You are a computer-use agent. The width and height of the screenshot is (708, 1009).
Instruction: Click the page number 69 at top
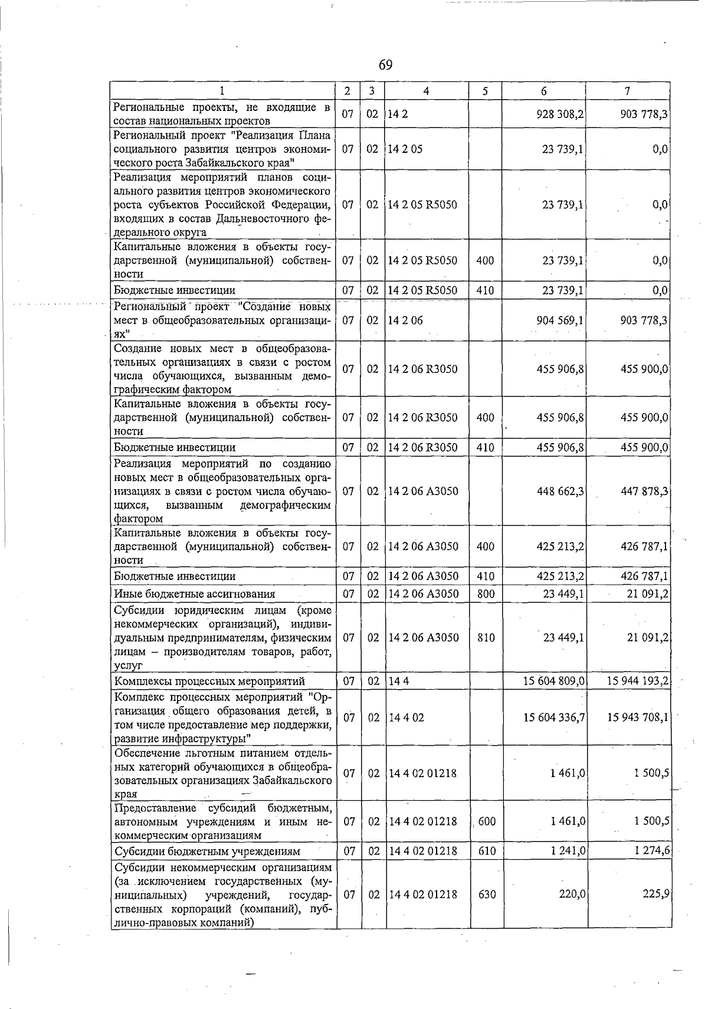385,64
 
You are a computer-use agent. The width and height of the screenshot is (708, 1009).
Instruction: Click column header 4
426,91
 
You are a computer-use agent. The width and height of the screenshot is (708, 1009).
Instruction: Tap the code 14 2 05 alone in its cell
405,149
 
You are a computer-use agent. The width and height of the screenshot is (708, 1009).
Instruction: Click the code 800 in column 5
486,594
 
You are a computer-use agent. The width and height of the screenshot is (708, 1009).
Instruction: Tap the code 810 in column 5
486,637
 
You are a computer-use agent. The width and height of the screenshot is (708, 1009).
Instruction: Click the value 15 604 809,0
553,681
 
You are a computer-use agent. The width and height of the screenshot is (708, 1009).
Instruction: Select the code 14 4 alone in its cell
399,681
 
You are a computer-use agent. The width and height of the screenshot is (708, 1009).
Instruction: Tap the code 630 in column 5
487,894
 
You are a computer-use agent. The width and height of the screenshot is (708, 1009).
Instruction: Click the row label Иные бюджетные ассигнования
194,594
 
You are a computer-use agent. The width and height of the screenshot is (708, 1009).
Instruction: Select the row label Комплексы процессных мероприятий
209,681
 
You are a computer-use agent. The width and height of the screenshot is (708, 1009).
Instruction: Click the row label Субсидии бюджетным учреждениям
207,851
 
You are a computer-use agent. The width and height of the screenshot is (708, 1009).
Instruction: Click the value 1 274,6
652,851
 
